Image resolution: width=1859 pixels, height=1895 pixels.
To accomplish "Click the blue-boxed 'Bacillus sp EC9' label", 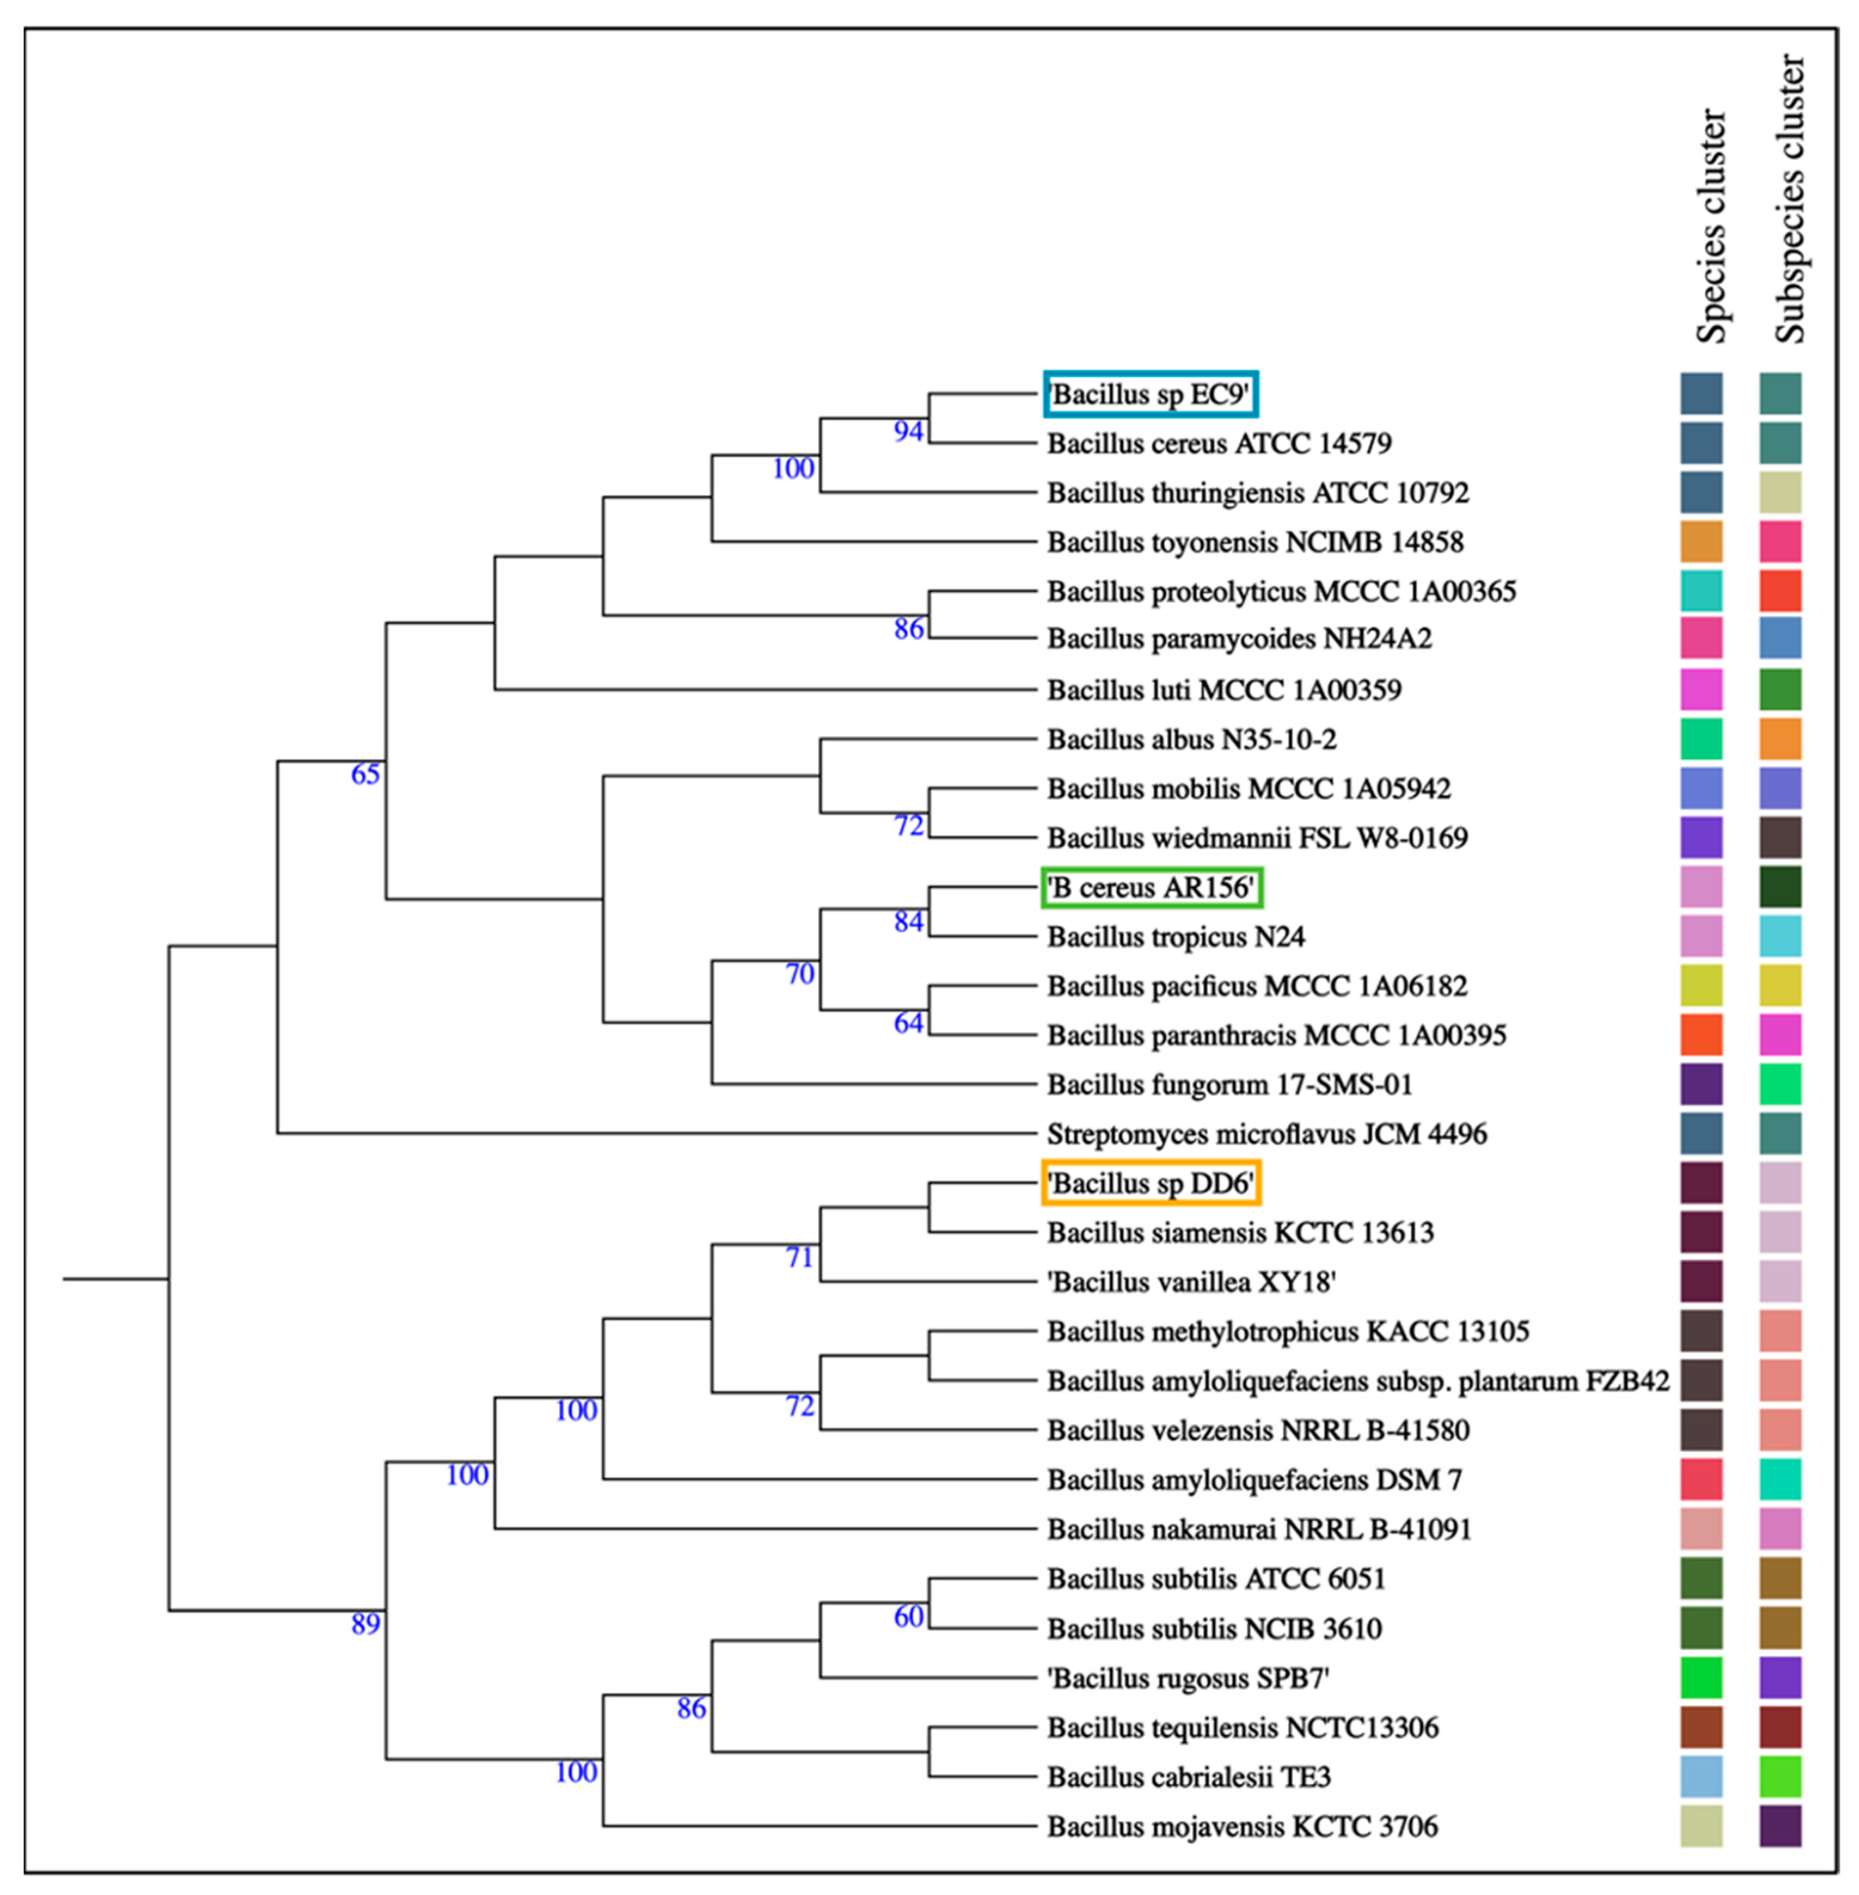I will [1151, 394].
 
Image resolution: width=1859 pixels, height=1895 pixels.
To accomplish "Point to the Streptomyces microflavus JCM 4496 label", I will [1266, 1134].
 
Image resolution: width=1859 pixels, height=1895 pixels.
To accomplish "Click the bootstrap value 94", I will [908, 431].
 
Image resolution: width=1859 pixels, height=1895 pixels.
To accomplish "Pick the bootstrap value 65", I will [365, 774].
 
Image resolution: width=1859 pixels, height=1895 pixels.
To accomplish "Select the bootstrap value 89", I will [365, 1624].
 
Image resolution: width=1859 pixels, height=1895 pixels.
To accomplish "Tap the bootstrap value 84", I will [908, 922].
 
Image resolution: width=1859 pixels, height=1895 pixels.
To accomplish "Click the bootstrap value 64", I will [908, 1022].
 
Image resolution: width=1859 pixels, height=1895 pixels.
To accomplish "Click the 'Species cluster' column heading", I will [1711, 226].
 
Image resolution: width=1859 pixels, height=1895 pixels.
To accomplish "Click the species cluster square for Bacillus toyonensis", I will [1701, 542].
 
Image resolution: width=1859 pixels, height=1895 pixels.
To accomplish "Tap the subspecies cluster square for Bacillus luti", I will [1780, 689].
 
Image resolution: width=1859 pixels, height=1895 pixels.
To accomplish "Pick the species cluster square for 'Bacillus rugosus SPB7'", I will [1701, 1677].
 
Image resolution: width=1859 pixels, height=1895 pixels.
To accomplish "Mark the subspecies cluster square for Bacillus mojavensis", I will [1780, 1826].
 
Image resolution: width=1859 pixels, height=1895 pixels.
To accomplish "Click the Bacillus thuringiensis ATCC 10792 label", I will [1257, 492].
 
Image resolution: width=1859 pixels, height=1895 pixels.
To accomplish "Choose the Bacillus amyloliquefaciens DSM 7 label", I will [1254, 1480].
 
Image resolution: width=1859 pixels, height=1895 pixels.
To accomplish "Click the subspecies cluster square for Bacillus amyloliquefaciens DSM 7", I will [1780, 1480].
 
